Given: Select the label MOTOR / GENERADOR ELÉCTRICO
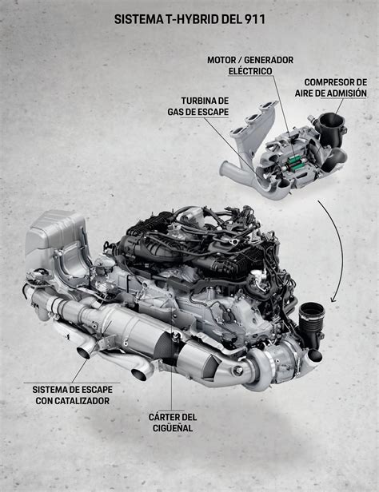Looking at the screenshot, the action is click(250, 65).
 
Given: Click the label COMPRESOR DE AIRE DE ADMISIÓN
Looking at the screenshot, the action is click(331, 88).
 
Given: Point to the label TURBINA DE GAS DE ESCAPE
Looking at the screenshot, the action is click(198, 106).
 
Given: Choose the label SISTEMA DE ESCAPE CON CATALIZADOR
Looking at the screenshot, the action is click(73, 395).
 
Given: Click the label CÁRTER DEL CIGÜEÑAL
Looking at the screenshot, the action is click(173, 423).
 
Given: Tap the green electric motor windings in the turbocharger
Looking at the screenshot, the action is click(295, 164).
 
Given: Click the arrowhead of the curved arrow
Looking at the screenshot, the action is click(333, 300).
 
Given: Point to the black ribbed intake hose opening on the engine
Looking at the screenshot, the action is click(312, 311).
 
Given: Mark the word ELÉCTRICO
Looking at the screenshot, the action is click(250, 71).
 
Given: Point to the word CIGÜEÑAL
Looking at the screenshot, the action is click(173, 428).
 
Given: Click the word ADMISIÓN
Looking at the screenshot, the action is click(347, 93).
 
